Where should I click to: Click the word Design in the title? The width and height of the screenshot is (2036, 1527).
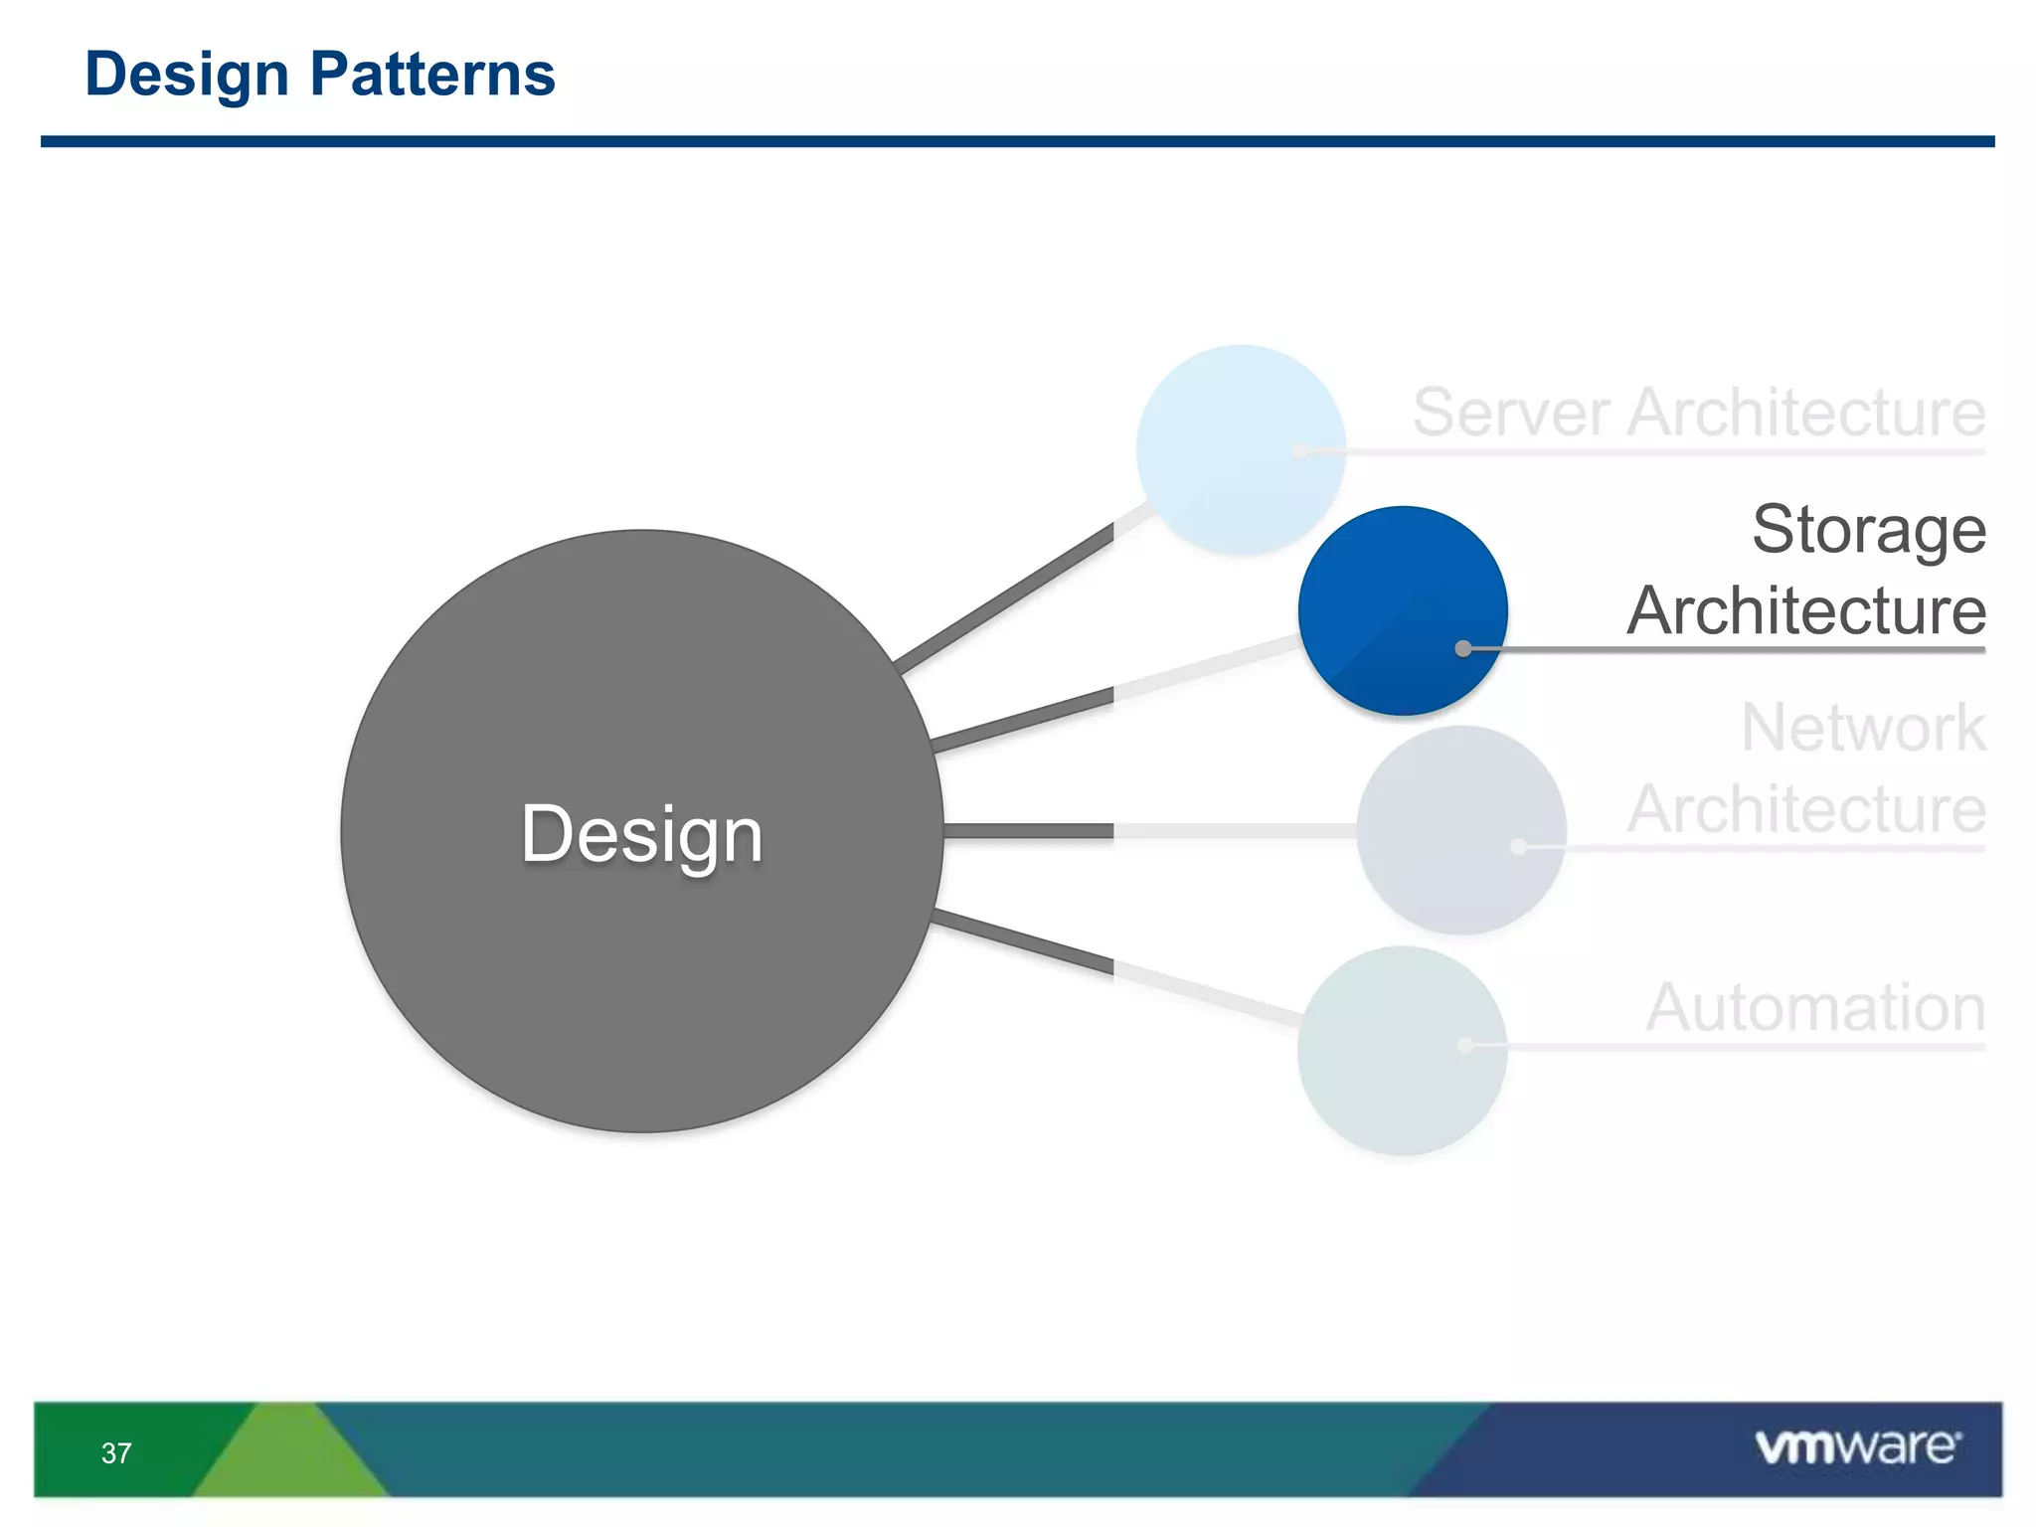pos(186,75)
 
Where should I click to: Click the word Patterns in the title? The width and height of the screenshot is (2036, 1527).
pos(432,75)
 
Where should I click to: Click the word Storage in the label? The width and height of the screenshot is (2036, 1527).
pos(1868,530)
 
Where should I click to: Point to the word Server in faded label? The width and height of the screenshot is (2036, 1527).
pos(1510,413)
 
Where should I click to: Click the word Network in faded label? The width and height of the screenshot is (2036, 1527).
pos(1863,729)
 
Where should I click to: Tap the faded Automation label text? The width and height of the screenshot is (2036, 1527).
pos(1815,1008)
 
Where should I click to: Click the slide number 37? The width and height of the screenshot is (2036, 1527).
pos(116,1453)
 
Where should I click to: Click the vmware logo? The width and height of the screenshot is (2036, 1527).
pos(1857,1446)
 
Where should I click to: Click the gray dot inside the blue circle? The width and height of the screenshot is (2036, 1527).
pos(1463,649)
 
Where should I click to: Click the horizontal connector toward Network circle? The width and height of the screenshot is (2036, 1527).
pos(1029,831)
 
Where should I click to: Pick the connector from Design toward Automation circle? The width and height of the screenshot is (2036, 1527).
pos(1024,941)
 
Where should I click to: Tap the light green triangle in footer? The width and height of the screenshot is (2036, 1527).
pos(288,1461)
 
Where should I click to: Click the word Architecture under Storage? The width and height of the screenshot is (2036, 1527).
pos(1805,610)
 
